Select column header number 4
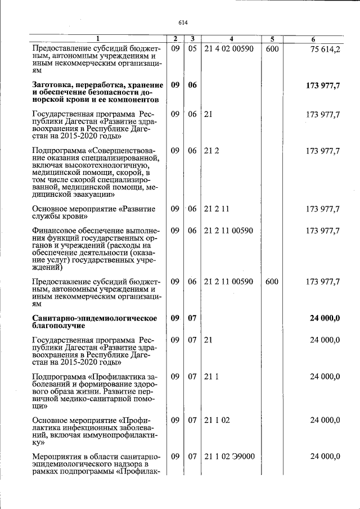pos(231,39)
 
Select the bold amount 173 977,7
pos(323,85)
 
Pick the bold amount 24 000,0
pos(325,318)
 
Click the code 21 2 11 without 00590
pos(217,209)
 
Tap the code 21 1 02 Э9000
pos(229,456)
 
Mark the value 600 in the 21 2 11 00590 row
pos(272,281)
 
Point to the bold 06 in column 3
pos(192,85)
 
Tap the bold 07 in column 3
pos(192,318)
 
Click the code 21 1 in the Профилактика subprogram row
pos(211,376)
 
